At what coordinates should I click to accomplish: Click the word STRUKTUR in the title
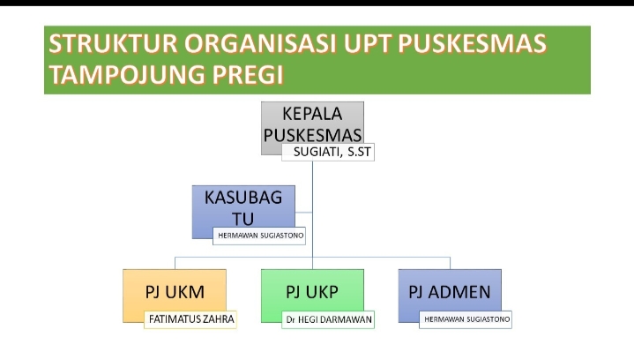pyautogui.click(x=113, y=44)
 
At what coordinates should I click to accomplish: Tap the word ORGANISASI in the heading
pyautogui.click(x=260, y=44)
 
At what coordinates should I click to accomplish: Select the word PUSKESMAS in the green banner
pyautogui.click(x=472, y=44)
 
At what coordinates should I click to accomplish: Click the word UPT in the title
pyautogui.click(x=367, y=44)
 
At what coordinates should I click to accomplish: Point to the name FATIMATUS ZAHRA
pyautogui.click(x=191, y=319)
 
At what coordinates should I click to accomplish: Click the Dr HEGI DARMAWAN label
pyautogui.click(x=328, y=319)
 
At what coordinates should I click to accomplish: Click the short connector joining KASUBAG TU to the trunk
pyautogui.click(x=303, y=212)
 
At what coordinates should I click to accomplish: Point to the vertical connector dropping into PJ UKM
pyautogui.click(x=175, y=263)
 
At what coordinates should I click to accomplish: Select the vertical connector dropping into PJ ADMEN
pyautogui.click(x=450, y=263)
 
